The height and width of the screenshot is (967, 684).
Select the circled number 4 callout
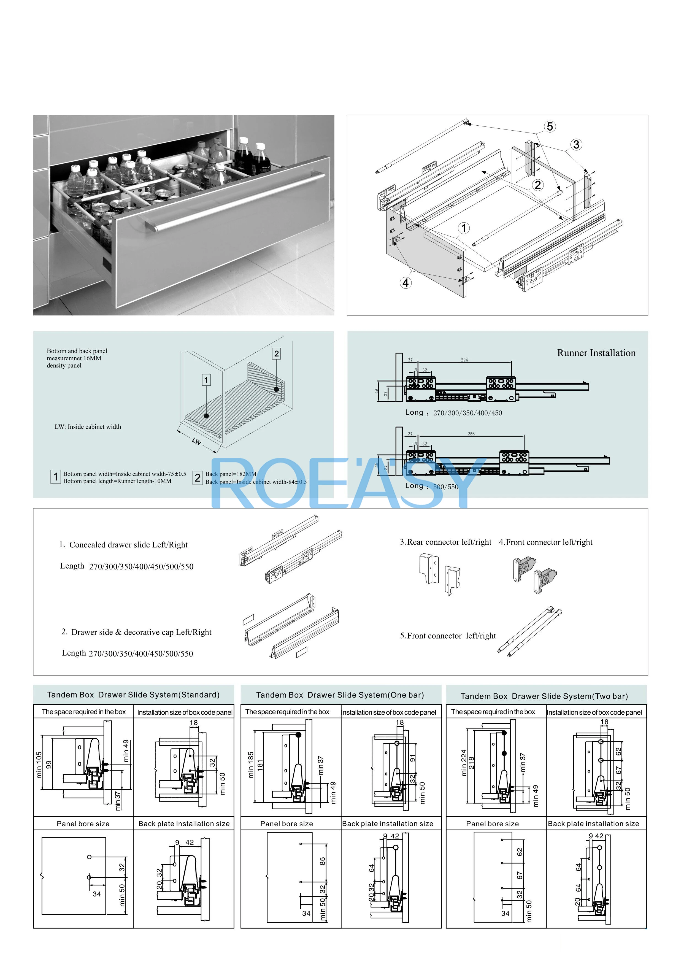(405, 283)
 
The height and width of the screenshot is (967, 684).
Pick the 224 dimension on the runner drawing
(464, 360)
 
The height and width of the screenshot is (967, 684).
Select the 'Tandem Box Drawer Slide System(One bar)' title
(340, 695)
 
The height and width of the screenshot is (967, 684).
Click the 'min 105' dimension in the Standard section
(39, 765)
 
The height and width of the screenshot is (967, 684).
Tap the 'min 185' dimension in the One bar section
(251, 765)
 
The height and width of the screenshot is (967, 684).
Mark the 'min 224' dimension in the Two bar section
(464, 762)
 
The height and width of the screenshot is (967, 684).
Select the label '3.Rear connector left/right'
(446, 542)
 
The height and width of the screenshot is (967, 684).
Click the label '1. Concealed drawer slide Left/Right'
(123, 545)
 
